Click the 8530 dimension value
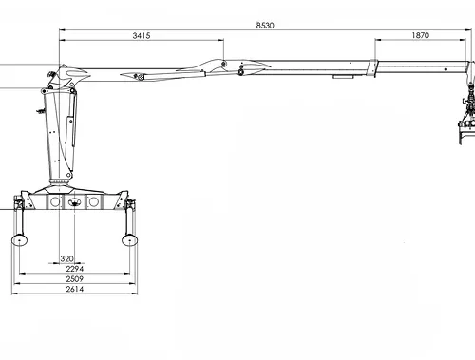265,26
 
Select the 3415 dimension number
142,35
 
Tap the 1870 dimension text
421,35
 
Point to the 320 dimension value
66,258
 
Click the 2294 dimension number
75,269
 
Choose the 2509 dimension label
75,279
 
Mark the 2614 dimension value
75,289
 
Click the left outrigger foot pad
19,240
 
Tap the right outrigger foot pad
129,239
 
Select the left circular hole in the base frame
55,201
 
